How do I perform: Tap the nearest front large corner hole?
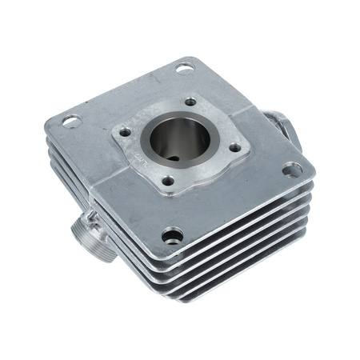(x=171, y=236)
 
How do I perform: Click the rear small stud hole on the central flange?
(x=190, y=102)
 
